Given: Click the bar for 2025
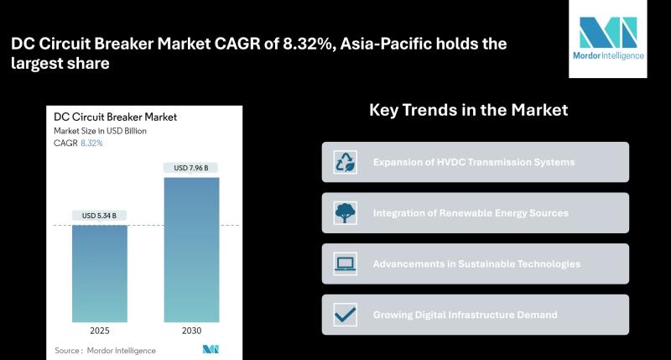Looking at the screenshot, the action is point(100,274).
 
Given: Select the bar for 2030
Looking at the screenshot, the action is point(191,250).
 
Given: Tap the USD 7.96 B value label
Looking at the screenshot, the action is point(191,168).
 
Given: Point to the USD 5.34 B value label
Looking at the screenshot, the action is point(99,216).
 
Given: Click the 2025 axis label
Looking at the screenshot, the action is point(100,331).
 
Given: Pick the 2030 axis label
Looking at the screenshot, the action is point(192,331).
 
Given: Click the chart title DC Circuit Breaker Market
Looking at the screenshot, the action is point(115,117).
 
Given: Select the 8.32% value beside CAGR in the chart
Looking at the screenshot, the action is point(91,143).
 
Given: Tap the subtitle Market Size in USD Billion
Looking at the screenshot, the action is point(100,131).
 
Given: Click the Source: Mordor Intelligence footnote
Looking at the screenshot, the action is point(106,351).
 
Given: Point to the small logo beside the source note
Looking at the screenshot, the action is point(211,349).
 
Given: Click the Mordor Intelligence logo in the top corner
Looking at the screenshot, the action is point(608,39).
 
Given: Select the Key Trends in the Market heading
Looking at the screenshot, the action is point(469,110).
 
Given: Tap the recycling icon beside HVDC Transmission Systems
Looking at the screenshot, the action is point(346,162).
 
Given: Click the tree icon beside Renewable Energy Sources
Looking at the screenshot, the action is point(346,213).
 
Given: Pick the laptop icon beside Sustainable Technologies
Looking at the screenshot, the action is point(346,263).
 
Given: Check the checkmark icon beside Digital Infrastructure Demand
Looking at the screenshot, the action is point(346,315).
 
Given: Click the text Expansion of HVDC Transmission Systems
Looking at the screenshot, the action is point(474,162).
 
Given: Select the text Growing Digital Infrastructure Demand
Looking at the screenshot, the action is point(466,315).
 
